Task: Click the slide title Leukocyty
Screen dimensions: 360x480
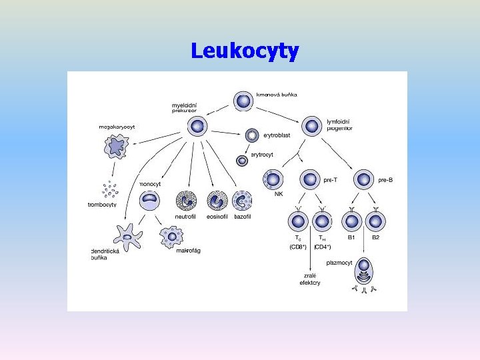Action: [245, 51]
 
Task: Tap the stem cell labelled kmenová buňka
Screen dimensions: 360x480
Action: [243, 100]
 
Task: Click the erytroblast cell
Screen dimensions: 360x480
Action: [253, 135]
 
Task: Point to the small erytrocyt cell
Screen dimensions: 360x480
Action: [242, 160]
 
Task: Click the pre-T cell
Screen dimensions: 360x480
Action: [310, 179]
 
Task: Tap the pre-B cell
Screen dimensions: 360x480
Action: [364, 179]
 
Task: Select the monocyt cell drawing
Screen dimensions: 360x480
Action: [150, 200]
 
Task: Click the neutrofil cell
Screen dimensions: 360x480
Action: [185, 200]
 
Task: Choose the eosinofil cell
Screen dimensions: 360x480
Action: [217, 200]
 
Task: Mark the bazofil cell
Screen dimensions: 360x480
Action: [242, 200]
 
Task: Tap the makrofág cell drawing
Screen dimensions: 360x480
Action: [172, 235]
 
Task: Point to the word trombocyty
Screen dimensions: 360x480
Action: [102, 205]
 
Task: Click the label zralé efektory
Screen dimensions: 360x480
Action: [309, 279]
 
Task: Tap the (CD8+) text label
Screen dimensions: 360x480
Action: [297, 247]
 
